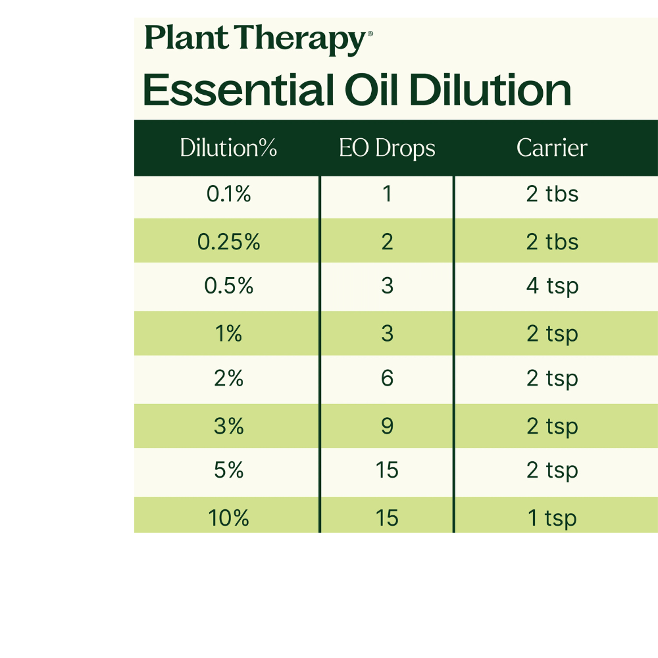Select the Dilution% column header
(x=228, y=148)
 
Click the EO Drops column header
(x=387, y=148)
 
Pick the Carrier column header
(x=551, y=148)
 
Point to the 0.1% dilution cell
(x=228, y=195)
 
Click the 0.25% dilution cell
(x=228, y=242)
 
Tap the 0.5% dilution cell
(x=228, y=286)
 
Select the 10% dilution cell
(x=228, y=518)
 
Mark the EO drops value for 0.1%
(x=387, y=195)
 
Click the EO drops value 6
(x=387, y=379)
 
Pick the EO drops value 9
(x=387, y=426)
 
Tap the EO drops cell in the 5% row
(x=387, y=471)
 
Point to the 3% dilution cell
(x=228, y=426)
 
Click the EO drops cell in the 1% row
(x=387, y=334)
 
